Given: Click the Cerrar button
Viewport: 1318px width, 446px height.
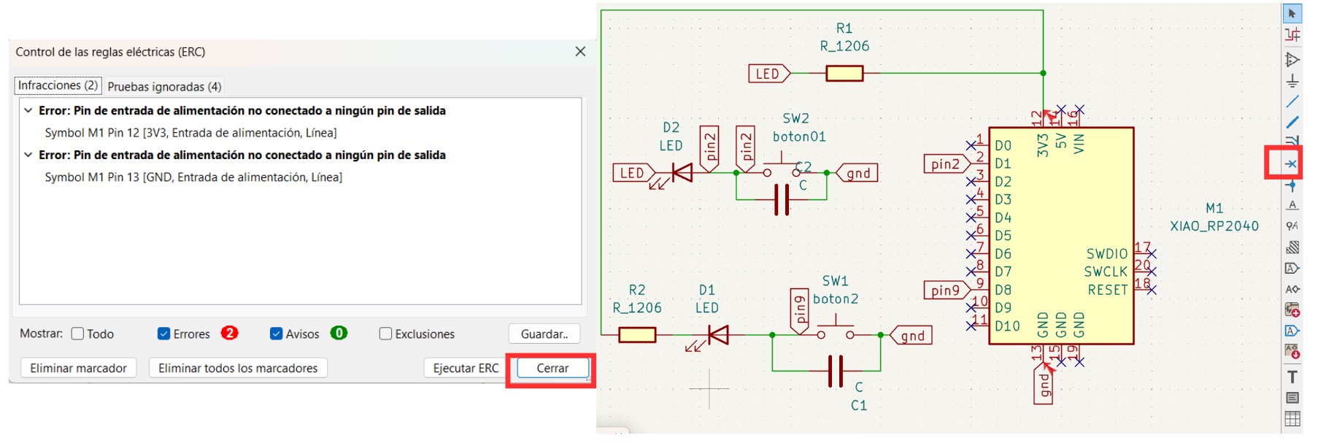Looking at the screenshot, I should click(x=552, y=368).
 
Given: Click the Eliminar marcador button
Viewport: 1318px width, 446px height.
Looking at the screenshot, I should click(x=78, y=368).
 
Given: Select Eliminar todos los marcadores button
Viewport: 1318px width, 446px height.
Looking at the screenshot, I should click(x=238, y=368).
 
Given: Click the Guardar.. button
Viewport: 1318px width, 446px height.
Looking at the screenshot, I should click(x=544, y=334).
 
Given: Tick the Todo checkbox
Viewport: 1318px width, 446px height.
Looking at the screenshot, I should click(x=78, y=334).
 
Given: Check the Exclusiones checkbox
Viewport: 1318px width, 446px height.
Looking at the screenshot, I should click(x=385, y=334).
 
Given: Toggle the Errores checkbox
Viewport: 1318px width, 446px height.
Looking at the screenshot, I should click(x=164, y=334).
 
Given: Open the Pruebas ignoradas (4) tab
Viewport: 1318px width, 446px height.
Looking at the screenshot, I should click(x=164, y=87).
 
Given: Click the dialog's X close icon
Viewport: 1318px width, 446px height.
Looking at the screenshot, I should click(x=580, y=51).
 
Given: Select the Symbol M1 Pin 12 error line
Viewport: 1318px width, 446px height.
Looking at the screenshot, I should click(x=190, y=133).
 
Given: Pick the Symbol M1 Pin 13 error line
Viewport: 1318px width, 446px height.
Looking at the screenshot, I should click(x=193, y=177).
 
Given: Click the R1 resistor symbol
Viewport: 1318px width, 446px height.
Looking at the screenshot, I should click(x=844, y=73).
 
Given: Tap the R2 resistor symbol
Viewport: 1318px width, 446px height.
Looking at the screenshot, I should click(x=637, y=335).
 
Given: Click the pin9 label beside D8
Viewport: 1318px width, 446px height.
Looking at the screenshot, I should click(x=946, y=291).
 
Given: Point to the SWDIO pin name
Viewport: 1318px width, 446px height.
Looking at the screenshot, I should click(x=1106, y=254).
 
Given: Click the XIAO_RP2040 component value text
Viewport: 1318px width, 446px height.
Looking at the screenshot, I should click(x=1214, y=226).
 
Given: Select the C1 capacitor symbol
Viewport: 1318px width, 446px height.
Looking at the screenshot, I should click(x=836, y=371).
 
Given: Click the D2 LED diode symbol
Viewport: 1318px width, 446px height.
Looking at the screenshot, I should click(x=682, y=173).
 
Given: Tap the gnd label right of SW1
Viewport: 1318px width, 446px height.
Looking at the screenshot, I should click(x=912, y=336).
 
